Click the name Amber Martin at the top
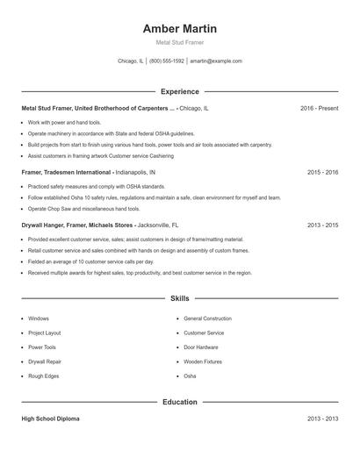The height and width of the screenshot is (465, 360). (x=180, y=29)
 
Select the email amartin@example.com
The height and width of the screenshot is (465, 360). (x=216, y=61)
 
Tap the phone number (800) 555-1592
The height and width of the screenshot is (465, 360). (x=167, y=61)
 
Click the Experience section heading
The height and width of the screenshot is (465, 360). (x=180, y=91)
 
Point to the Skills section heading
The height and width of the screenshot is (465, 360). (x=180, y=299)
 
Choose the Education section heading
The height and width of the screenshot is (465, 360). (x=180, y=403)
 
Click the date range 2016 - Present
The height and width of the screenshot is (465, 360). (x=319, y=108)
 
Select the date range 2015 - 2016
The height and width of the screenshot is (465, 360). (x=322, y=173)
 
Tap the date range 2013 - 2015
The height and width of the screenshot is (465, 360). (x=322, y=225)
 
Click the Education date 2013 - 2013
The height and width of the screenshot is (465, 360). (x=322, y=419)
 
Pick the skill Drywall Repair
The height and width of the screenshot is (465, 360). (x=45, y=361)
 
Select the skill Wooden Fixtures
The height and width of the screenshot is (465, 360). (x=204, y=361)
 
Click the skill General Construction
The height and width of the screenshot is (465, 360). (x=207, y=318)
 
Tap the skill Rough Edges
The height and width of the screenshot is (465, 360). (x=43, y=376)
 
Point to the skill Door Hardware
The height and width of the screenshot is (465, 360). (x=202, y=347)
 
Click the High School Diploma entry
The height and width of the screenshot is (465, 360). (x=51, y=419)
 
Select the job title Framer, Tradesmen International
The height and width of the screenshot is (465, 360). (x=67, y=173)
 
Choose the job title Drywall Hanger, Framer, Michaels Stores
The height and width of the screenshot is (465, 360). (x=77, y=225)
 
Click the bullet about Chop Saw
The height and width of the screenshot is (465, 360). (x=83, y=209)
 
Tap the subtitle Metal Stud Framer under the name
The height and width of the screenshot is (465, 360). (x=180, y=42)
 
